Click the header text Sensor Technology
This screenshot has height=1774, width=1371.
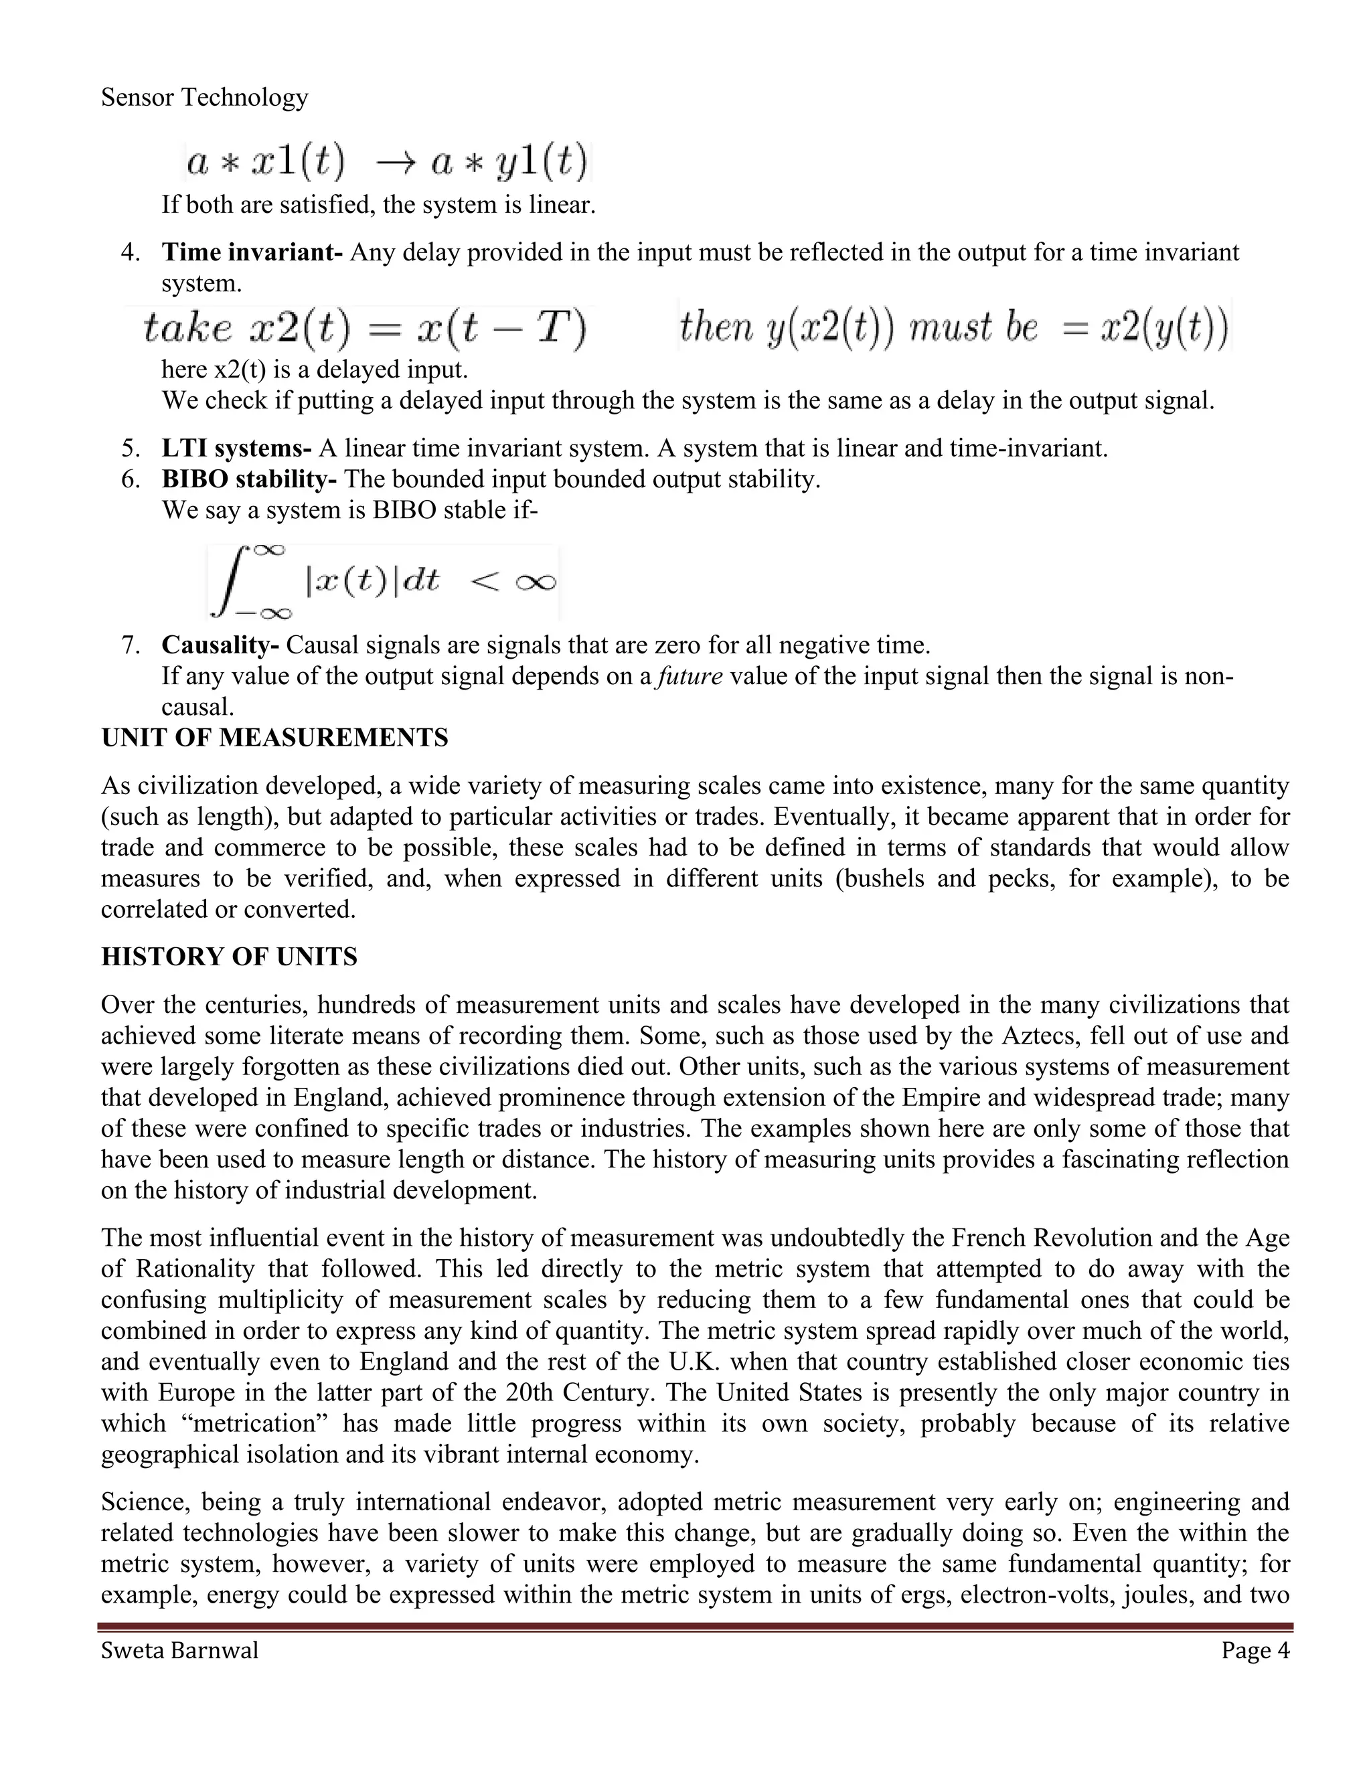coord(205,98)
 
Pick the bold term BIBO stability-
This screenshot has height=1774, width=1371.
coord(248,479)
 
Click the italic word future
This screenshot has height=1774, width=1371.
coord(690,676)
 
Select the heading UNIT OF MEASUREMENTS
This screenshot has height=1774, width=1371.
coord(274,738)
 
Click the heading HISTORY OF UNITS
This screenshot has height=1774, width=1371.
coord(229,957)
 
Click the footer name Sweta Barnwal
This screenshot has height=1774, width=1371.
coord(179,1651)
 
